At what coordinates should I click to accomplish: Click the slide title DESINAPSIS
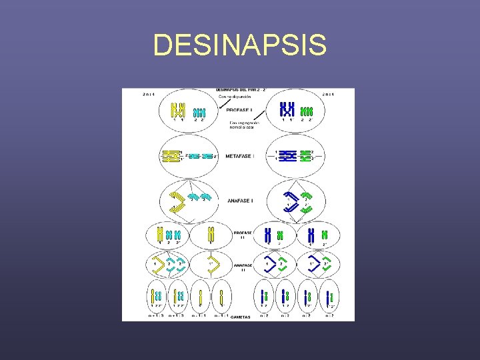[x=240, y=46]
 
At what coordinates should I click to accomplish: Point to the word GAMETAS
[x=240, y=317]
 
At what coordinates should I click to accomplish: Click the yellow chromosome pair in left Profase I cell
[x=178, y=111]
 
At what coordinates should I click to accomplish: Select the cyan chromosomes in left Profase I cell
[x=199, y=113]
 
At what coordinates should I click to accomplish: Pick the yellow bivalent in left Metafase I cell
[x=173, y=156]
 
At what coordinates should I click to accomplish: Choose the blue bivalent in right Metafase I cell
[x=290, y=156]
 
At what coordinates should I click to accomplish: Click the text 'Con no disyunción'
[x=235, y=97]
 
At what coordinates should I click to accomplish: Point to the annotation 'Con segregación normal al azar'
[x=245, y=125]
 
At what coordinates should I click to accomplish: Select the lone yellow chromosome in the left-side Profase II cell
[x=211, y=235]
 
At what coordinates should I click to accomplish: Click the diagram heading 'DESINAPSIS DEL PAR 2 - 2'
[x=240, y=89]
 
